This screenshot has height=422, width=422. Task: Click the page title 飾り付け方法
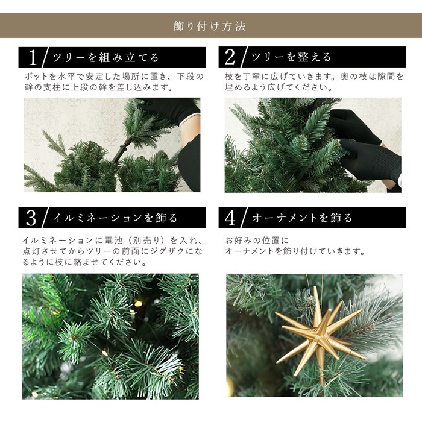tap(209, 26)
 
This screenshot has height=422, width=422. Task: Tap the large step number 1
tap(33, 57)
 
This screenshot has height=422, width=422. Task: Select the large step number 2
tap(230, 57)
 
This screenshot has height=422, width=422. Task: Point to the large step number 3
tap(31, 218)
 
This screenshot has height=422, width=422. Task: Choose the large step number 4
tap(230, 218)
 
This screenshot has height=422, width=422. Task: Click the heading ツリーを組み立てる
tap(105, 58)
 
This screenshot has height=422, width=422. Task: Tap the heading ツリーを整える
tap(291, 57)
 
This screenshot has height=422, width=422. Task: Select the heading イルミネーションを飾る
tap(115, 218)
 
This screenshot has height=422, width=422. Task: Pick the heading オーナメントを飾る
tap(302, 218)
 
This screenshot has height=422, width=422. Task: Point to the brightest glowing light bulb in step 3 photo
tap(138, 304)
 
